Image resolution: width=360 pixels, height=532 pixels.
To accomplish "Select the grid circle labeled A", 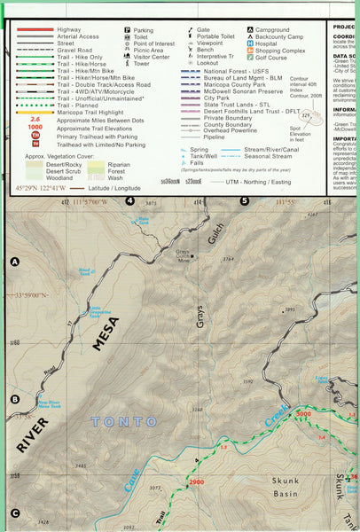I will click(x=14, y=262).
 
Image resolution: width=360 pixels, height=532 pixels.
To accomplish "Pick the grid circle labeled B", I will click(x=14, y=399).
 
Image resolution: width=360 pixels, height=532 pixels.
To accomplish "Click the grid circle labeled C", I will click(x=14, y=512).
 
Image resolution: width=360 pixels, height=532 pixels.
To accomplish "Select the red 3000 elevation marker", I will click(x=304, y=415).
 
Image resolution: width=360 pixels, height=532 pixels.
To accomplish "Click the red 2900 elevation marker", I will click(x=196, y=481).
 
